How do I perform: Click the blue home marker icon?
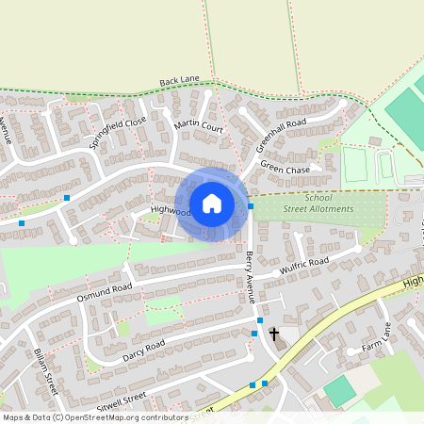[212, 204]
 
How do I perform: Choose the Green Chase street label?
[285, 168]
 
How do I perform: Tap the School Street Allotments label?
[317, 204]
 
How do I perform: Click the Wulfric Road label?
[303, 268]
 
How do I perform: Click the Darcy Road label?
[143, 351]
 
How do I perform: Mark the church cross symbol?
[275, 334]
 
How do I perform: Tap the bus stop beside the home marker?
[251, 206]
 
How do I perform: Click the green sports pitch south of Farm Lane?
[340, 391]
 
